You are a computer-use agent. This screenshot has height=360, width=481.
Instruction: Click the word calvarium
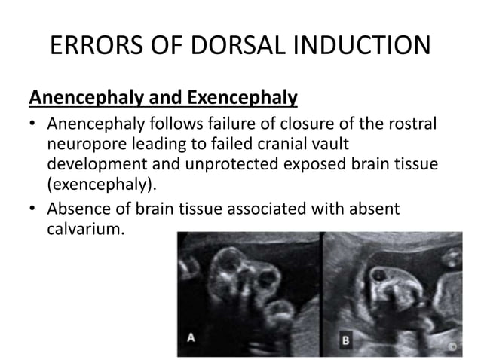pos(84,227)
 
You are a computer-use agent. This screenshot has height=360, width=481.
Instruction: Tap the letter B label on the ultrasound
pos(345,339)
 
